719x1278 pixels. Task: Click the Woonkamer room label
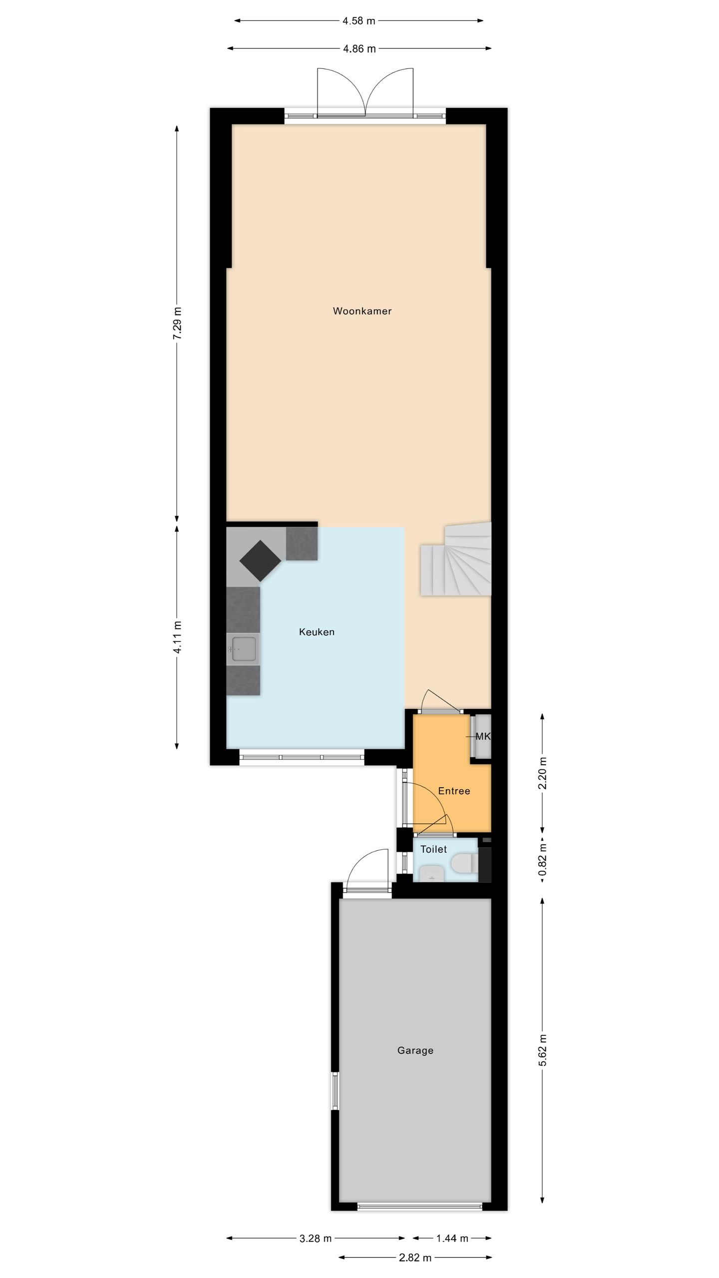coord(362,311)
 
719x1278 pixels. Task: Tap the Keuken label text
coord(317,632)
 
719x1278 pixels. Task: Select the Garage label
coord(415,1050)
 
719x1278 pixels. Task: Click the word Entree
coord(454,791)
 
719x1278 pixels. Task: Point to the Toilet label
coord(433,849)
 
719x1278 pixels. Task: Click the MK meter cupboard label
coord(482,736)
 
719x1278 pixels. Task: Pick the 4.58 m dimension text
coord(359,21)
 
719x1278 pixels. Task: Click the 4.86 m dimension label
coord(359,49)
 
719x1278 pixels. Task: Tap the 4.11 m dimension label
coord(177,637)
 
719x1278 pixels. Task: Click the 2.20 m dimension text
coord(543,773)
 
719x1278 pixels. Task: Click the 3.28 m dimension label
coord(316,1234)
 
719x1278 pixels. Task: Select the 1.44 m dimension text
coord(452,1234)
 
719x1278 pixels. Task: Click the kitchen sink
coord(244,649)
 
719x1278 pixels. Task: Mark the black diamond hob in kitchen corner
coord(260,561)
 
